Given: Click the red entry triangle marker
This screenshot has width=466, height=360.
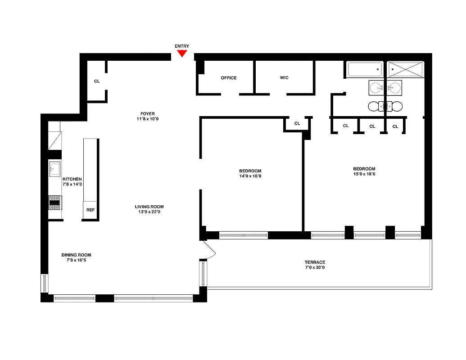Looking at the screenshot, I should (x=182, y=53).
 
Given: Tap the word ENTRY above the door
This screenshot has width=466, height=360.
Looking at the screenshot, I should (x=182, y=46).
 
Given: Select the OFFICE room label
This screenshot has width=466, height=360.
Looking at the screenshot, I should (x=229, y=78).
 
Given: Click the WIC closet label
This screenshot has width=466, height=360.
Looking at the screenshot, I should (x=284, y=78).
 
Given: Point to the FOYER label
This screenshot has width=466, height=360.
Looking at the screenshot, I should (x=147, y=113).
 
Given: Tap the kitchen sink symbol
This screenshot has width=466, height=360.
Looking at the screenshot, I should (x=55, y=169).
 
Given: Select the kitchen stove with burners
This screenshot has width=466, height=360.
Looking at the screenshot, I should (x=55, y=202).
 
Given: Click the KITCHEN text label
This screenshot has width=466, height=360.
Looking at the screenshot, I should (x=72, y=179).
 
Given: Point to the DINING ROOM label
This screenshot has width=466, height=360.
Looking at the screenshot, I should (x=76, y=255).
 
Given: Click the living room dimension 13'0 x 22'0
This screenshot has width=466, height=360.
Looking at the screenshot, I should (x=149, y=212).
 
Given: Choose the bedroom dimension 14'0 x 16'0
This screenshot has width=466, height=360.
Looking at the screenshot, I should (x=250, y=176).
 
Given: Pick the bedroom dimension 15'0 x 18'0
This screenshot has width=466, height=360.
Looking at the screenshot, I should (x=364, y=174).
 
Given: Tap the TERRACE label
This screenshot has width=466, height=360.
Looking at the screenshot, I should (x=315, y=262).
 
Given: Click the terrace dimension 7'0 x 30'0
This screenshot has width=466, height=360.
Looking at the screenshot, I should (x=315, y=268).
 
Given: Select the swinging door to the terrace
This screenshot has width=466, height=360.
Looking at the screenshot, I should (x=210, y=250).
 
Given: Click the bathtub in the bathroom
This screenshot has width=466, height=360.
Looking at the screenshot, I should (x=365, y=70).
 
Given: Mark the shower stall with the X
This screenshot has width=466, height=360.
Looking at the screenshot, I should (x=406, y=70).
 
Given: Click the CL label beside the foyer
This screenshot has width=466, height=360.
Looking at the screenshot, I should (x=97, y=81).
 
